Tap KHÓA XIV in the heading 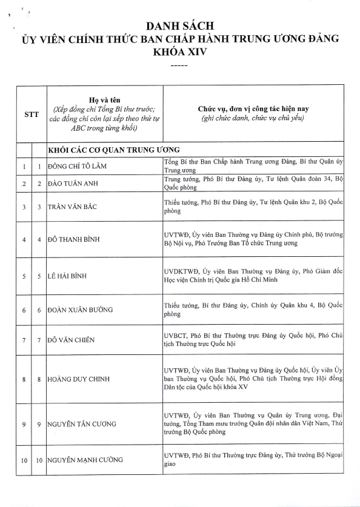179,52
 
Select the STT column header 32,114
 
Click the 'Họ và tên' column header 105,99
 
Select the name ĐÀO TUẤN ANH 74,184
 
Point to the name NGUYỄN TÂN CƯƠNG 82,424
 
